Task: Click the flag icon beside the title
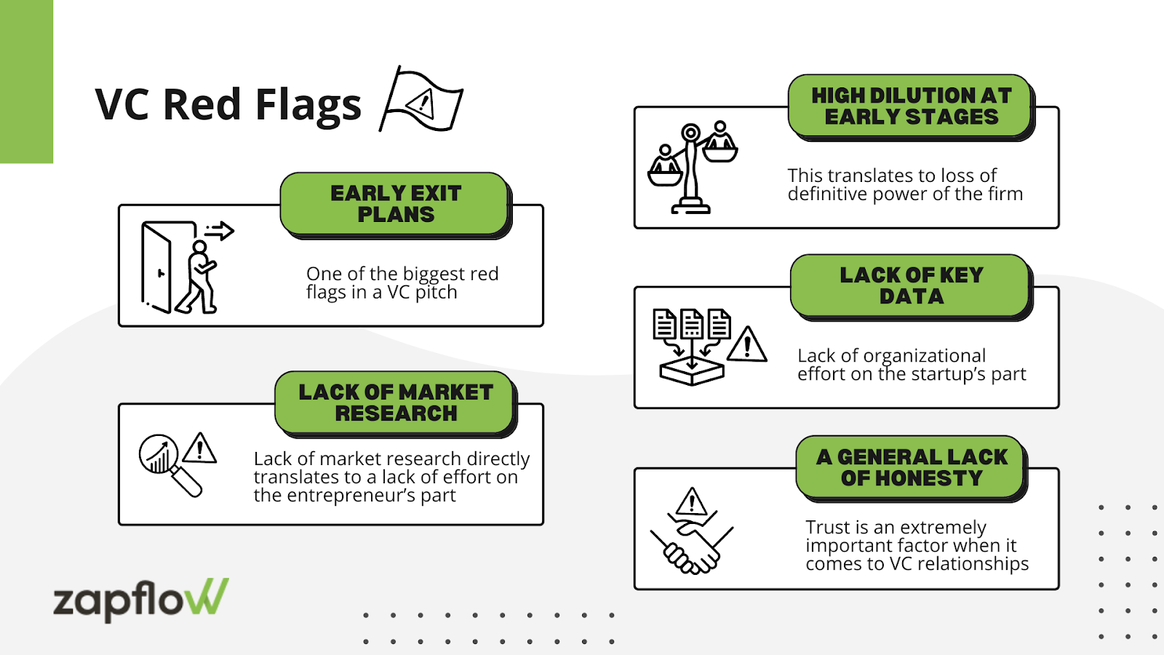tap(421, 100)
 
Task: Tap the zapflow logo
tap(140, 599)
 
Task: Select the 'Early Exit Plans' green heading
tap(396, 204)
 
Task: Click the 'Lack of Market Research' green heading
tap(396, 402)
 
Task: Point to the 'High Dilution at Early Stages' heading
tap(911, 106)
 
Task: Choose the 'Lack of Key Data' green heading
tap(911, 285)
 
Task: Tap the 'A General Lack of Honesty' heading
tap(911, 467)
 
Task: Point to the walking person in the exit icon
tap(198, 278)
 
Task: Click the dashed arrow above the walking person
tap(219, 231)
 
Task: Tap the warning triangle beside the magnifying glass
tap(199, 449)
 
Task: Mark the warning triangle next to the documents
tap(746, 345)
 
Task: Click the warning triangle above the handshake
tap(691, 502)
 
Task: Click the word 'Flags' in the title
tap(308, 105)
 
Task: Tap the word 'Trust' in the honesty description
tap(827, 527)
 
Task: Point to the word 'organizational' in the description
tap(924, 356)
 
